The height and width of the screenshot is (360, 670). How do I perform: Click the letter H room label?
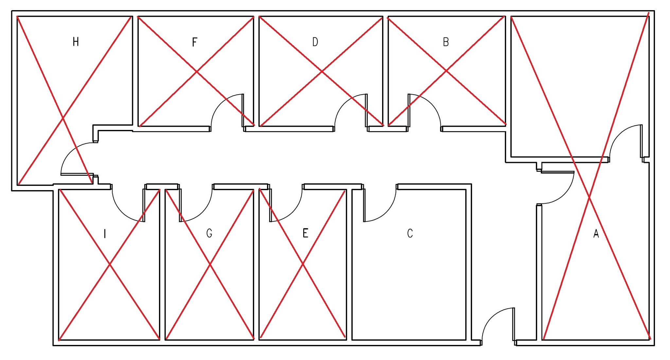(x=76, y=42)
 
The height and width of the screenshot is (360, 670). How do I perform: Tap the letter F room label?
(x=195, y=42)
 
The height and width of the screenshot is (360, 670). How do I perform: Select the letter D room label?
(x=315, y=42)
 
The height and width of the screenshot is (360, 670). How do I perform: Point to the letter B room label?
(x=446, y=42)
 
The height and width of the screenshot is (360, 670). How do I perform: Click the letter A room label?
(x=596, y=233)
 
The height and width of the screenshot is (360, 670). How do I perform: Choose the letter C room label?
(x=410, y=233)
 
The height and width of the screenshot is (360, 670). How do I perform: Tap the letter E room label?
(x=305, y=233)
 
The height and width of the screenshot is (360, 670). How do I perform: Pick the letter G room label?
(x=209, y=233)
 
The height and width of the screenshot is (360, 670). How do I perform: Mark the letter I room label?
(x=105, y=234)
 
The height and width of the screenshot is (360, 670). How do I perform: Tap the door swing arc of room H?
(x=71, y=153)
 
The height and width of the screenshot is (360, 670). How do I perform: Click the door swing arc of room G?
(x=202, y=211)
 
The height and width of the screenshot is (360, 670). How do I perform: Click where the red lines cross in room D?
(x=322, y=71)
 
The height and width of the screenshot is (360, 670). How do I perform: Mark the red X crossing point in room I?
(x=110, y=264)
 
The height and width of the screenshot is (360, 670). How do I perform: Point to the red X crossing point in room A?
(x=589, y=197)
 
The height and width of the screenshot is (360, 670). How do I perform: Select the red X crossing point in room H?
(x=63, y=117)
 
